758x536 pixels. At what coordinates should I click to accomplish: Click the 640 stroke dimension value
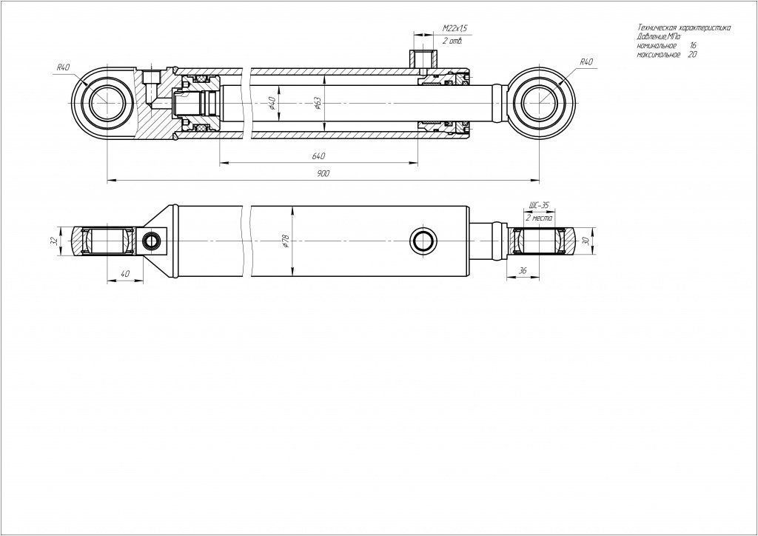click(318, 156)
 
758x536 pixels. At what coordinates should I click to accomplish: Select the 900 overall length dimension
click(323, 173)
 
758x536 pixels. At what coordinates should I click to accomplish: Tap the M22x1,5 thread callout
click(455, 29)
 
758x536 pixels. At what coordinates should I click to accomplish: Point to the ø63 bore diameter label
click(318, 104)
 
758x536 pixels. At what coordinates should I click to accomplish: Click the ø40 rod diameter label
click(272, 103)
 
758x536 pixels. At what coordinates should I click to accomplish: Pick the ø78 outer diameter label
click(286, 241)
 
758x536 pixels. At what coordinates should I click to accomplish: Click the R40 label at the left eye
click(64, 67)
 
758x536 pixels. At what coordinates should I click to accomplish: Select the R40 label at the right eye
click(586, 62)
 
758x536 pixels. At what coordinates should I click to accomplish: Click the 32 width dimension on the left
click(55, 241)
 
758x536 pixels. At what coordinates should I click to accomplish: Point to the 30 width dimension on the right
click(587, 241)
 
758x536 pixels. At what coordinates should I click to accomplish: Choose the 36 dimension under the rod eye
click(523, 271)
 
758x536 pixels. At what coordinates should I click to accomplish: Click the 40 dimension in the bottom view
click(124, 274)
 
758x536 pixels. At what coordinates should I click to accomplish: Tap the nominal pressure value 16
click(693, 45)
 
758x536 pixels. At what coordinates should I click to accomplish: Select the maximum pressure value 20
click(692, 55)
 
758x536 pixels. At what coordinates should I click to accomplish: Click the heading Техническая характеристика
click(684, 27)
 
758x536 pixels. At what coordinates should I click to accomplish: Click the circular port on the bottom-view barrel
click(423, 241)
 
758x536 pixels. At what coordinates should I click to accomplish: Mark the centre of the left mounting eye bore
click(107, 103)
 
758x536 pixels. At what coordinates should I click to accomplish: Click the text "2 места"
click(539, 218)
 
